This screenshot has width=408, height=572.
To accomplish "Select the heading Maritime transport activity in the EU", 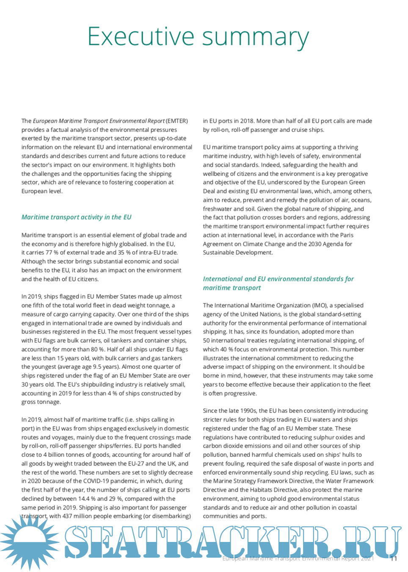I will pos(76,217).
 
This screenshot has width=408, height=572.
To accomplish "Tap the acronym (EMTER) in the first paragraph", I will pos(177,121).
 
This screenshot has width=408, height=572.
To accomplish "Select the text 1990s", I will pos(245,411).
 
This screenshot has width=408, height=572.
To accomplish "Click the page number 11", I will pos(394,558).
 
